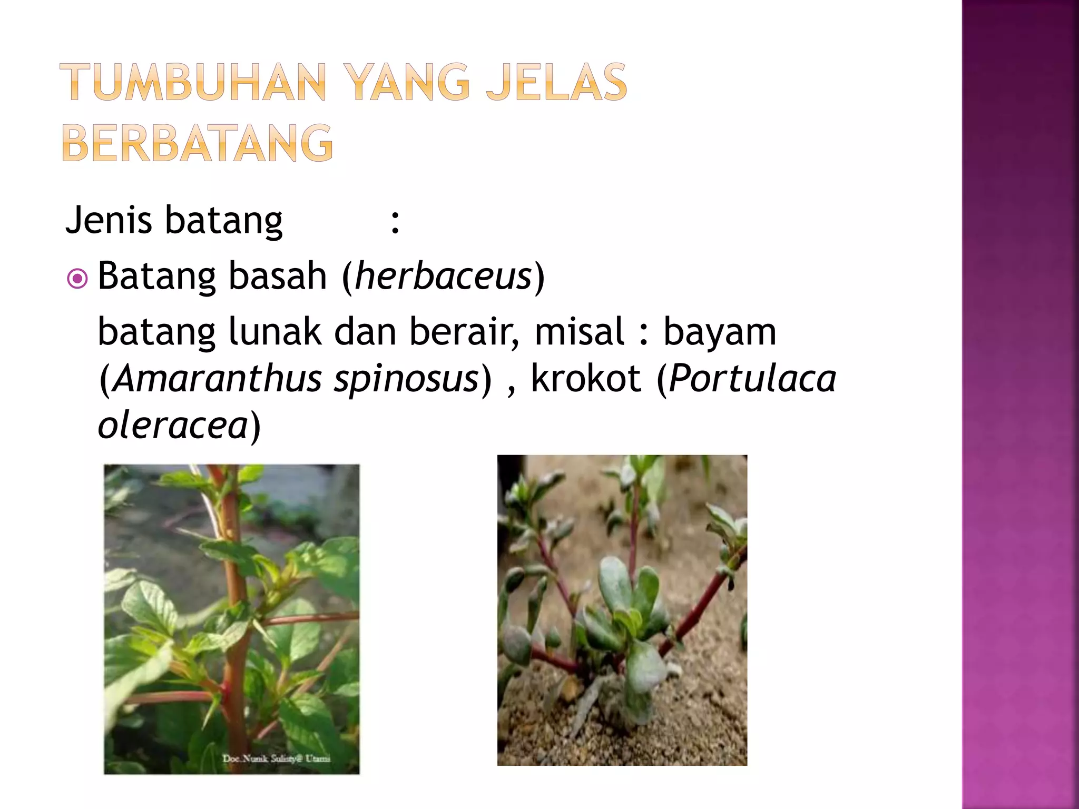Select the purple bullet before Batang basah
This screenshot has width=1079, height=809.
pyautogui.click(x=77, y=279)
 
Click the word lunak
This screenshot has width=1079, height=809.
pyautogui.click(x=274, y=332)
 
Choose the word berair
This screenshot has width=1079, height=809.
pyautogui.click(x=464, y=332)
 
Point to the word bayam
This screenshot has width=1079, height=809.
pyautogui.click(x=719, y=333)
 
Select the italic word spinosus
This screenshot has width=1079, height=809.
pyautogui.click(x=406, y=379)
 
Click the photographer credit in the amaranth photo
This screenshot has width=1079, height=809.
pyautogui.click(x=276, y=758)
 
